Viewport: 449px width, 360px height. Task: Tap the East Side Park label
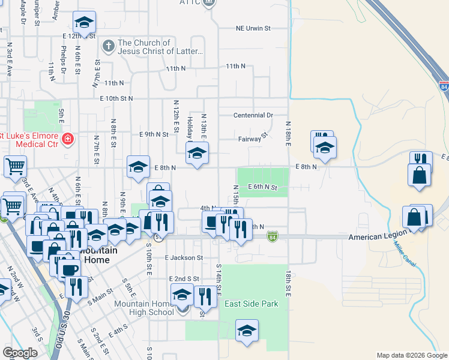point(252,304)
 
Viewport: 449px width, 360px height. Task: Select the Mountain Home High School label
point(144,308)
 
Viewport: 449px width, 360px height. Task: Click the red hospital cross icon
point(68,140)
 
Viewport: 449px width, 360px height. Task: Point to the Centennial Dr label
point(253,115)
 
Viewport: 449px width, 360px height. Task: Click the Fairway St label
point(252,138)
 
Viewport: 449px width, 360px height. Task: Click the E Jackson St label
point(184,258)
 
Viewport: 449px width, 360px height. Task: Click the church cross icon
point(108,46)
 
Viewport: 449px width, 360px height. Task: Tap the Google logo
point(19,353)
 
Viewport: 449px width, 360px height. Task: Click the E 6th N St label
point(262,188)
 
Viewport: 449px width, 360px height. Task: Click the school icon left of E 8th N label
point(138,167)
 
